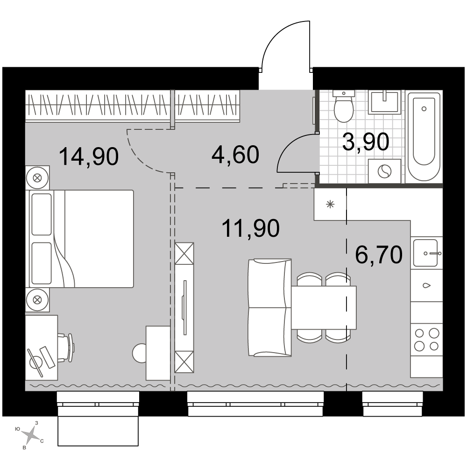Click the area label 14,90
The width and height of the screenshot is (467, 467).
[x=89, y=156]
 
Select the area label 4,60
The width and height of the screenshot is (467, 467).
[x=235, y=155]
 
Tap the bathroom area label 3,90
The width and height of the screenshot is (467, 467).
[x=366, y=142]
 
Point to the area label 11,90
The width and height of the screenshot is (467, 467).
[x=251, y=228]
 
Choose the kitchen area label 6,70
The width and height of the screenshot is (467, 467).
[x=379, y=255]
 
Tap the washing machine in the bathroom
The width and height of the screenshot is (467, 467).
[x=384, y=171]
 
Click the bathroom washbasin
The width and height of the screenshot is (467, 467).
[x=384, y=102]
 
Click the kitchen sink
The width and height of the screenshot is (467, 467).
[x=425, y=253]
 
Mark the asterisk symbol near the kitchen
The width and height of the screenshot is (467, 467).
[x=330, y=205]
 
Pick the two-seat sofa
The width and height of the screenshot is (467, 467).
[x=269, y=307]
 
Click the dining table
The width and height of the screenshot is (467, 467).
[x=324, y=308]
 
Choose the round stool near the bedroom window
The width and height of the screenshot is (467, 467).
[x=139, y=353]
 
